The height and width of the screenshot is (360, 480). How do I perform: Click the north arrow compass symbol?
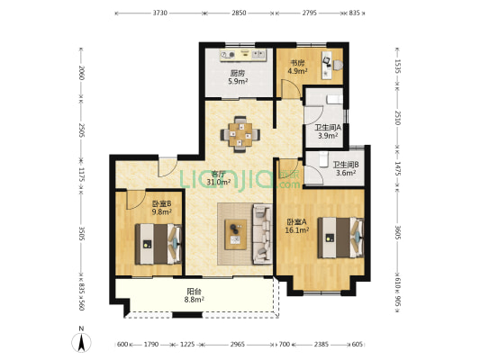pyautogui.click(x=81, y=342)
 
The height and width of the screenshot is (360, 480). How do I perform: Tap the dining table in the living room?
pyautogui.click(x=240, y=135)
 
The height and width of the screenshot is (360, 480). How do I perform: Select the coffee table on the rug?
pyautogui.click(x=235, y=234)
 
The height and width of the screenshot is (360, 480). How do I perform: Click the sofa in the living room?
pyautogui.click(x=262, y=234)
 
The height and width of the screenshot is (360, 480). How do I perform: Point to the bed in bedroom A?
pyautogui.click(x=340, y=238)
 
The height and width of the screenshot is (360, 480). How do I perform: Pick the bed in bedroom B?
pyautogui.click(x=158, y=244)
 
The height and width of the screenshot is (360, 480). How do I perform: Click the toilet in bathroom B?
pyautogui.click(x=323, y=159)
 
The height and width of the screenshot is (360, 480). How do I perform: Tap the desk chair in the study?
pyautogui.click(x=338, y=65)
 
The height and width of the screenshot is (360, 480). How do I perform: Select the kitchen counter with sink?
pyautogui.click(x=243, y=55)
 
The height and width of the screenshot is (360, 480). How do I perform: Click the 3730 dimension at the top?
pyautogui.click(x=159, y=13)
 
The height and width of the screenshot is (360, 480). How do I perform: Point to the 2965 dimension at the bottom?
pyautogui.click(x=237, y=345)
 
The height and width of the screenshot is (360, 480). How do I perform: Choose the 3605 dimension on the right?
pyautogui.click(x=397, y=233)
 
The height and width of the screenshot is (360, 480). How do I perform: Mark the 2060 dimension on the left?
pyautogui.click(x=81, y=73)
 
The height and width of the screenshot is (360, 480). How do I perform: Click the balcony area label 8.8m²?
pyautogui.click(x=195, y=300)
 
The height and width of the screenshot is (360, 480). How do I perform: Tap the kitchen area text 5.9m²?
pyautogui.click(x=238, y=81)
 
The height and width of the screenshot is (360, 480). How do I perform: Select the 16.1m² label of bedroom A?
pyautogui.click(x=296, y=230)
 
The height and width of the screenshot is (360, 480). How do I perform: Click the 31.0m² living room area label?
pyautogui.click(x=219, y=183)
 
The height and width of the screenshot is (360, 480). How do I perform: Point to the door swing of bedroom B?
pyautogui.click(x=136, y=200)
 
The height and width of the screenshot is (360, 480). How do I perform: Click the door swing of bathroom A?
pyautogui.click(x=313, y=115)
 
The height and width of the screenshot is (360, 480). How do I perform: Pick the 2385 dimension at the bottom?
pyautogui.click(x=322, y=345)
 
